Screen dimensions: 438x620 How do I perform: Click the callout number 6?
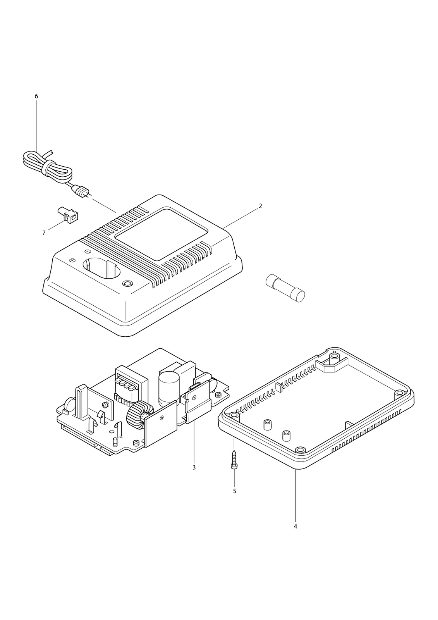36,96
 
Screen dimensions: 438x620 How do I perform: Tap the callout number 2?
260,206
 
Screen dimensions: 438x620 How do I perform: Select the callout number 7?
44,233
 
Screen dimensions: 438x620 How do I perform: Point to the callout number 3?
194,467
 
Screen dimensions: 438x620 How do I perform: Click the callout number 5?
235,491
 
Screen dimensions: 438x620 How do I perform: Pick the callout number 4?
295,527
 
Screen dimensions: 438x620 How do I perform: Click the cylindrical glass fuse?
285,288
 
